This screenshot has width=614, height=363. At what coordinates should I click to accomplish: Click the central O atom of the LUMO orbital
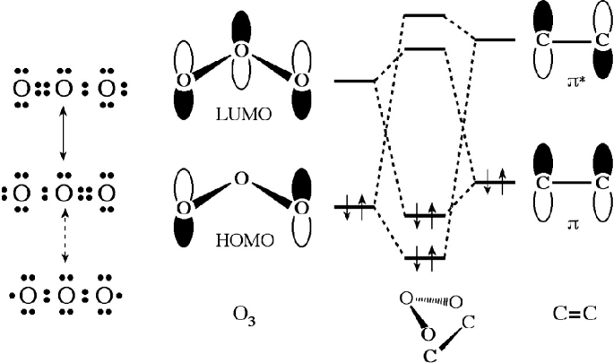coord(239,51)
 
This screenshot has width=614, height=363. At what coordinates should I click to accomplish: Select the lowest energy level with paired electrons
coord(425,258)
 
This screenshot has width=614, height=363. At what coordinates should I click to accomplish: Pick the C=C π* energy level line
coord(493,40)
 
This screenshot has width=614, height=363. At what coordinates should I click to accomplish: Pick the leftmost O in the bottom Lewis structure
coord(20,294)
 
